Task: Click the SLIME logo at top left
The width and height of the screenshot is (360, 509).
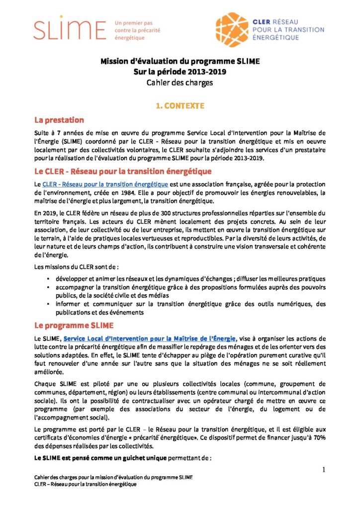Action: (70, 30)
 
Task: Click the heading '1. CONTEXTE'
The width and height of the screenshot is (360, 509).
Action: (180, 106)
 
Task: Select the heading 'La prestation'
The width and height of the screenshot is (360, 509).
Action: (59, 120)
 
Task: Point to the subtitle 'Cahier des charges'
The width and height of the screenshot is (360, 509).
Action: (180, 83)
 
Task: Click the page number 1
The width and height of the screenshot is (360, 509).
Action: (324, 470)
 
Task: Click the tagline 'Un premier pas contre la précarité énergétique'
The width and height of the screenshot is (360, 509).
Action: (133, 30)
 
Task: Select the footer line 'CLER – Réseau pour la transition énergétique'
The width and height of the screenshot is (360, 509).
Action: (85, 484)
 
